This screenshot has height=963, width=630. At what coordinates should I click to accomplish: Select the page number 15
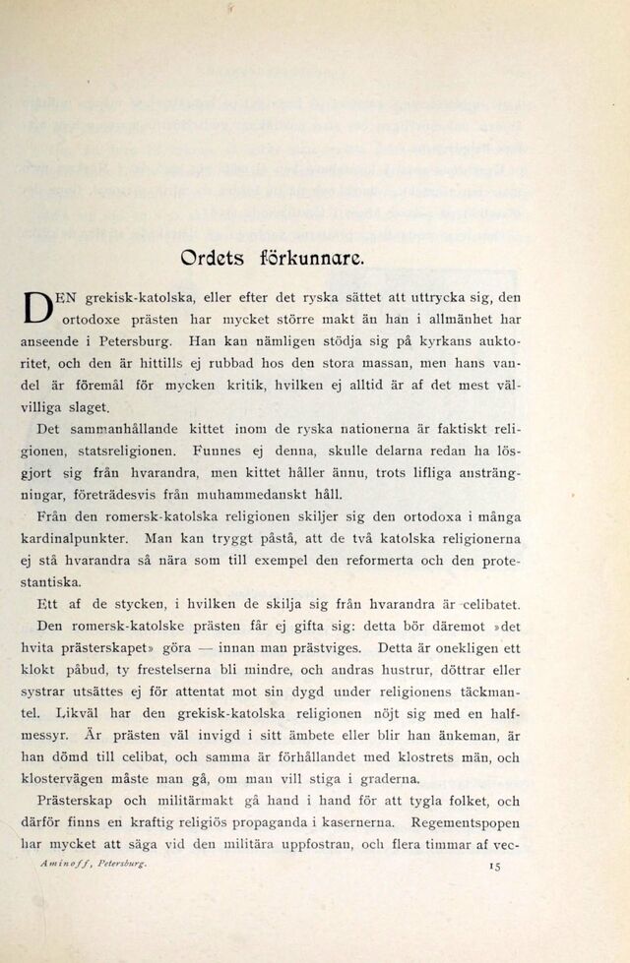coord(494,866)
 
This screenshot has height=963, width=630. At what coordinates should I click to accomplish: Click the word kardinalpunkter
coord(76,539)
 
